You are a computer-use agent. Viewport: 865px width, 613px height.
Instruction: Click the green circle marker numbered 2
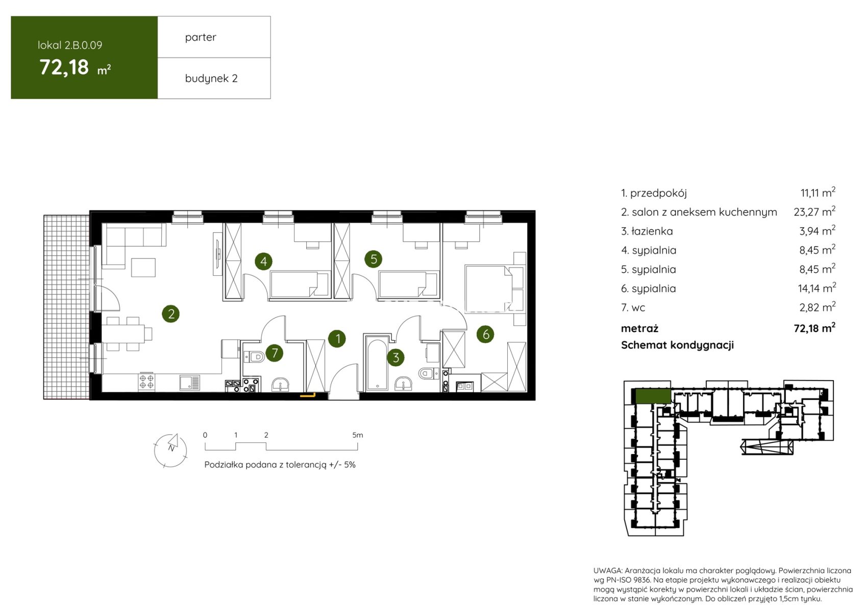[x=170, y=314]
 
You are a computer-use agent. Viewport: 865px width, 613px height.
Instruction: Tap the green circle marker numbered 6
[x=485, y=334]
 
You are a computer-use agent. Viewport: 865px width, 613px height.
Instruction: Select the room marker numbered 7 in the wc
[x=275, y=353]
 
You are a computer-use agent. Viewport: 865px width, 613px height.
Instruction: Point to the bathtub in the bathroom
[x=376, y=363]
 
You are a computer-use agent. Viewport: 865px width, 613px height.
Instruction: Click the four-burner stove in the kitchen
[x=147, y=382]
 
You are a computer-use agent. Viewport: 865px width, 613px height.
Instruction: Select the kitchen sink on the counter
[x=190, y=383]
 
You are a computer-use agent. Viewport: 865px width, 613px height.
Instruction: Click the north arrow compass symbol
[x=170, y=450]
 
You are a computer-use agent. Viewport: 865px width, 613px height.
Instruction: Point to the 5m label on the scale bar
[x=358, y=435]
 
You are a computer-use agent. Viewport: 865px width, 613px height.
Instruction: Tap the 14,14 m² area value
[x=817, y=288]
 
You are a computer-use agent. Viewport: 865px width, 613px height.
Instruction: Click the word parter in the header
[x=201, y=37]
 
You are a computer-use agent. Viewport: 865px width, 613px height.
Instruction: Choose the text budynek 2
[x=211, y=79]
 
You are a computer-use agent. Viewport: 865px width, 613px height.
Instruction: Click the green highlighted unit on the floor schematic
[x=653, y=396]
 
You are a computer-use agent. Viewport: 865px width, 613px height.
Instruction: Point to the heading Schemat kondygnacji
[x=677, y=345]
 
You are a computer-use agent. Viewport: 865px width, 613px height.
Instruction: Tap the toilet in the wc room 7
[x=254, y=356]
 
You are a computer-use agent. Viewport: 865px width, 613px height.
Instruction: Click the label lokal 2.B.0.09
[x=70, y=45]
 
